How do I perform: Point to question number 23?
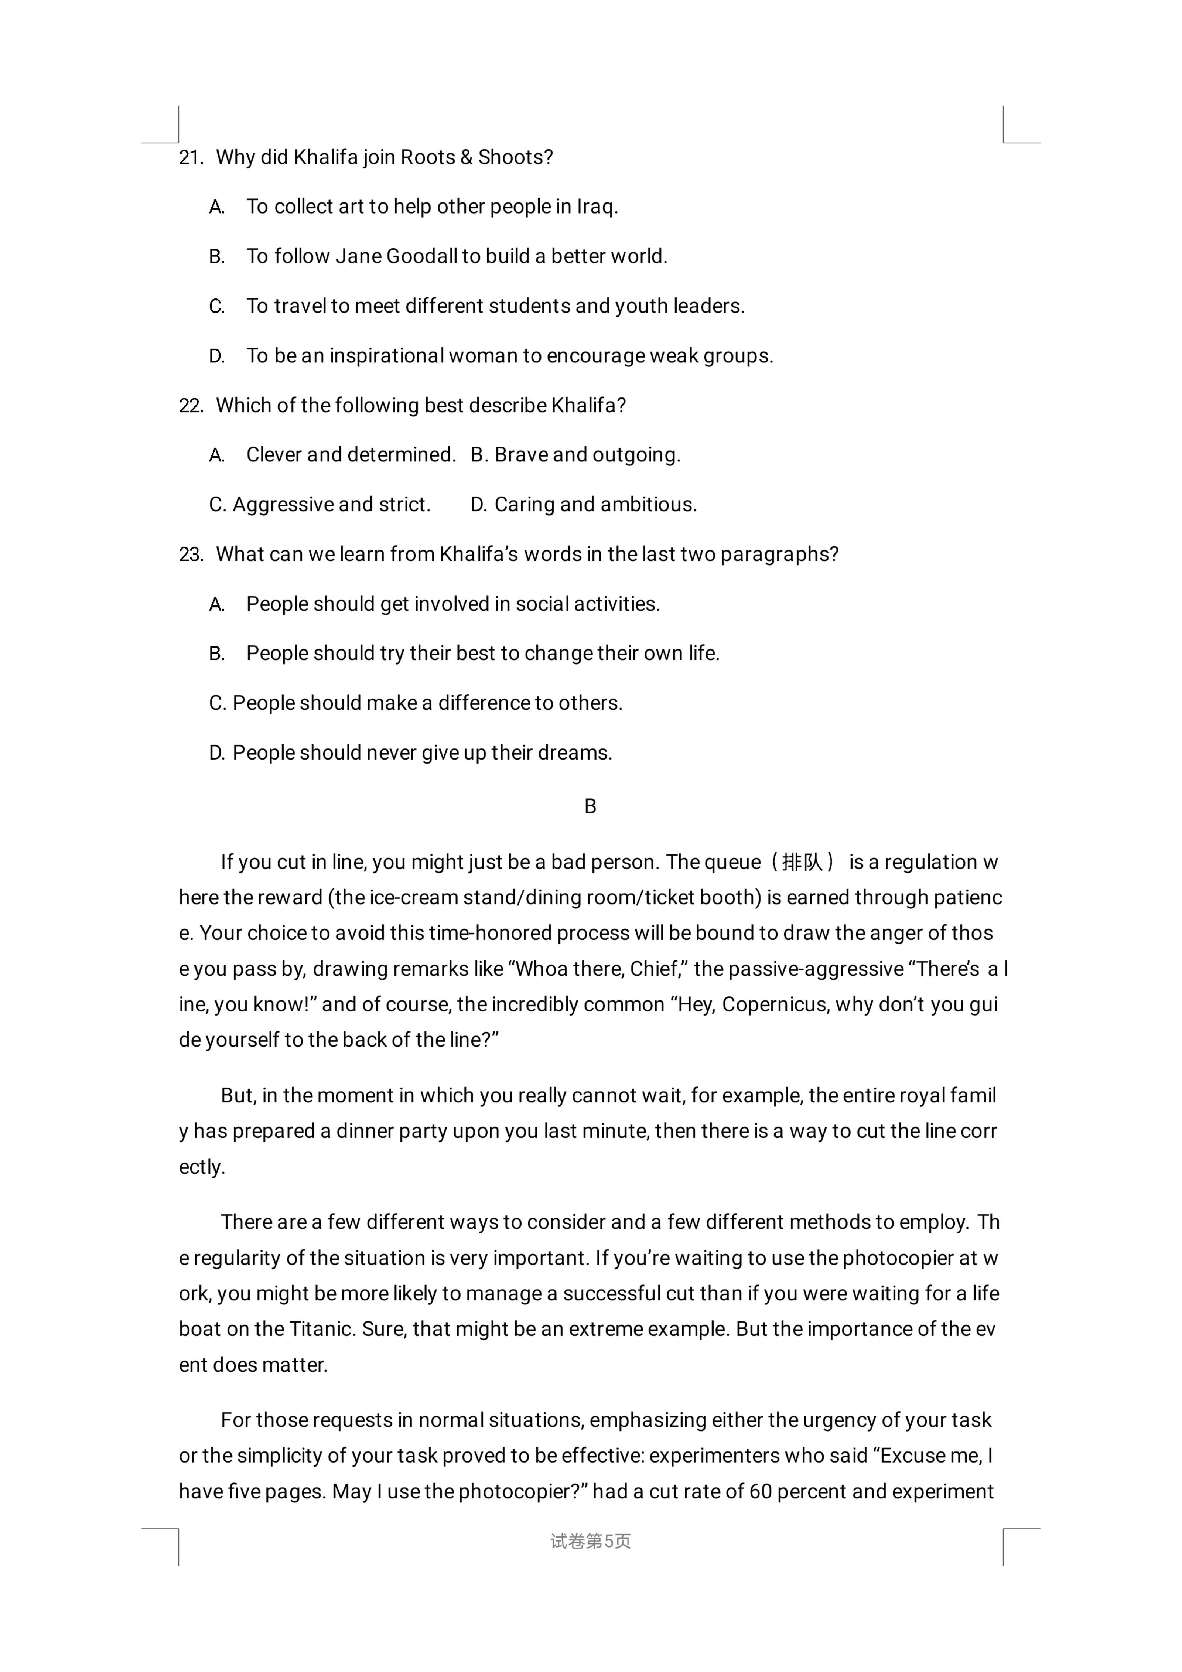(191, 555)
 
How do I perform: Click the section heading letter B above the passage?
(591, 807)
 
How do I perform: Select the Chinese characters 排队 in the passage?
(802, 862)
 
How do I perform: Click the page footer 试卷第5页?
(591, 1541)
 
